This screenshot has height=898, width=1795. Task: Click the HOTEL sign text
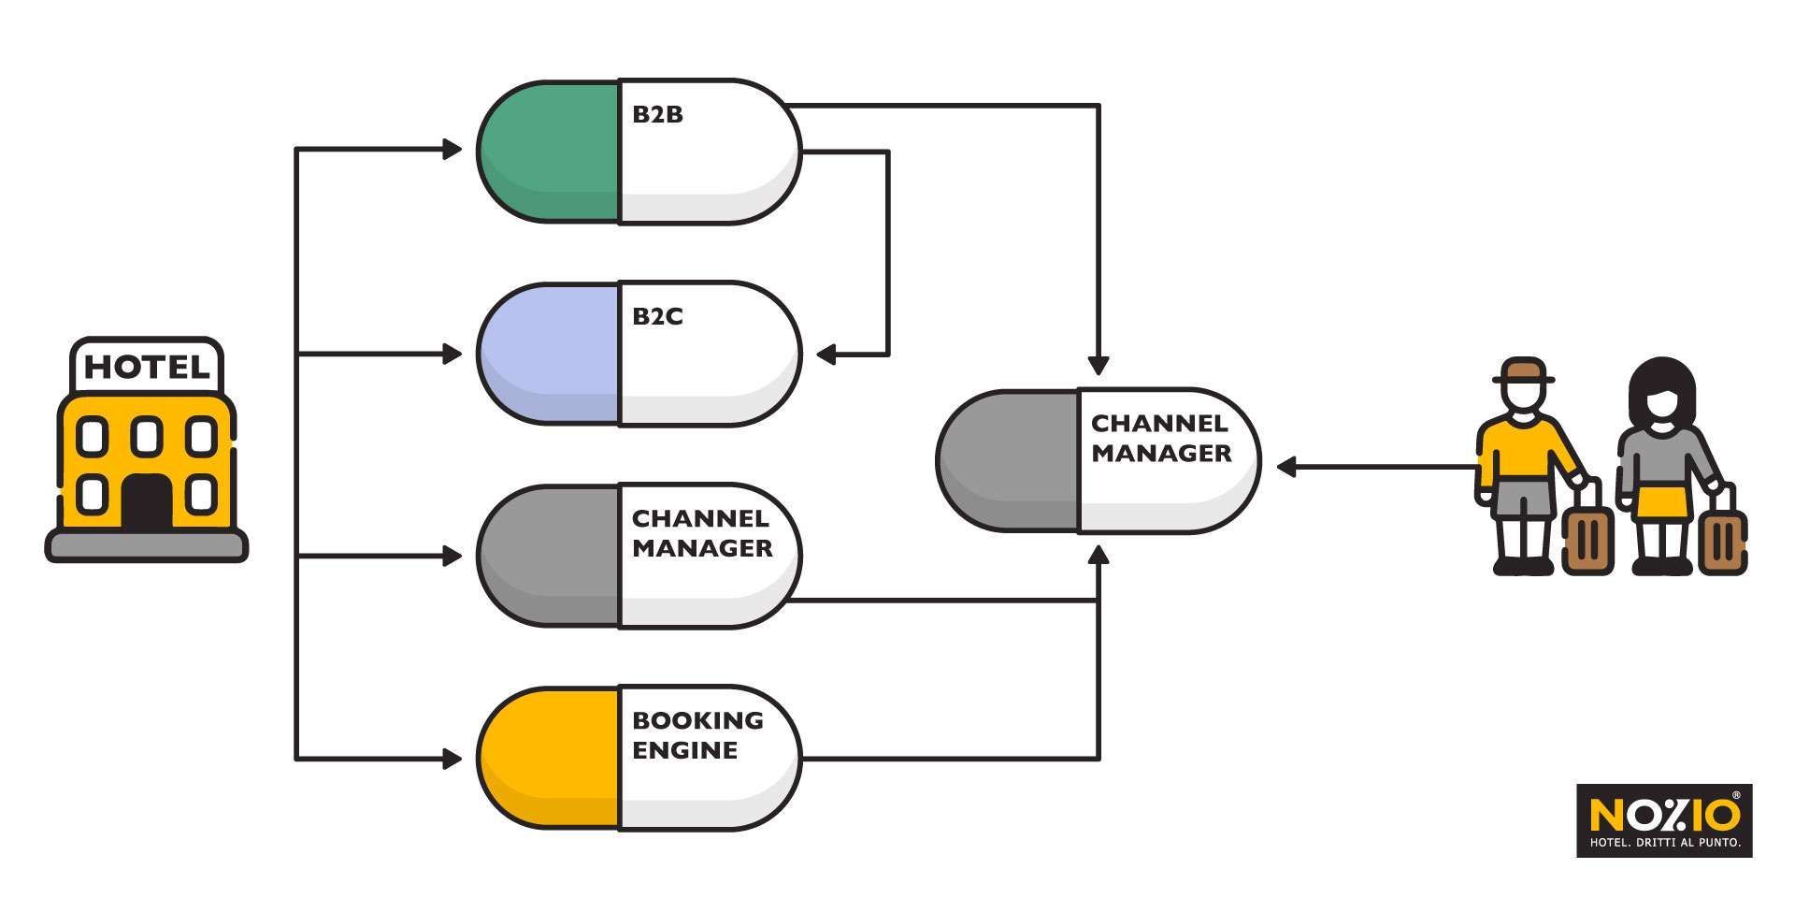click(147, 367)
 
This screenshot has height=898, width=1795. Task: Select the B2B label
click(658, 115)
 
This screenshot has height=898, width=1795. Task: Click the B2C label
click(658, 317)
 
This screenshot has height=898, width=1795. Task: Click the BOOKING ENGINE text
click(697, 735)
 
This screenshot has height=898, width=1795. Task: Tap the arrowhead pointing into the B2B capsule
click(452, 149)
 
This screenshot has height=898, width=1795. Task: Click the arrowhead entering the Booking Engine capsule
click(452, 759)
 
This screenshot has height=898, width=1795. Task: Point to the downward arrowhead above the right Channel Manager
click(1099, 366)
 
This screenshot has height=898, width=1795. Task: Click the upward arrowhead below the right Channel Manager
click(1099, 556)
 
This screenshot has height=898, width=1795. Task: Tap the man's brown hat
click(1524, 371)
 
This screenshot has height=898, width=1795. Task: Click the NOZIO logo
click(1664, 819)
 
